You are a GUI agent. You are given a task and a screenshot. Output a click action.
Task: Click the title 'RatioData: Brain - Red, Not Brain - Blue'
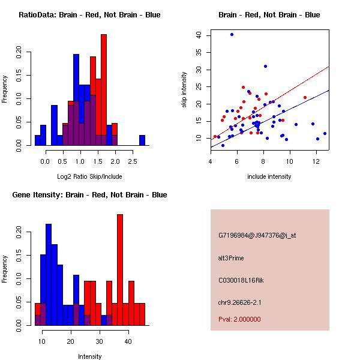pyautogui.click(x=89, y=14)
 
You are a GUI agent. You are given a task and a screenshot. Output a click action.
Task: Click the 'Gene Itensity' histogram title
pyautogui.click(x=89, y=195)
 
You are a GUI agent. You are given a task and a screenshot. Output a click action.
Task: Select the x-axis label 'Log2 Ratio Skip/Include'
pyautogui.click(x=89, y=176)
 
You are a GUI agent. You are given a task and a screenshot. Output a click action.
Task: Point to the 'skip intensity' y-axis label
pyautogui.click(x=184, y=89)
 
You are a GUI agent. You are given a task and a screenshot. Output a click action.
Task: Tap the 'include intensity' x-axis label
pyautogui.click(x=269, y=176)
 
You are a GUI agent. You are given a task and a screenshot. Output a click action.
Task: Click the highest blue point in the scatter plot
pyautogui.click(x=232, y=35)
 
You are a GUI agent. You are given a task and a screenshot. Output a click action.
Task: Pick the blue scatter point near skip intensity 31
pyautogui.click(x=265, y=67)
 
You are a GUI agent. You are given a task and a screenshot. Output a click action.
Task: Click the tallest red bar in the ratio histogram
pyautogui.click(x=104, y=90)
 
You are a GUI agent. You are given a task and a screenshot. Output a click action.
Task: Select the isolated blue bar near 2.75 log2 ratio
pyautogui.click(x=142, y=140)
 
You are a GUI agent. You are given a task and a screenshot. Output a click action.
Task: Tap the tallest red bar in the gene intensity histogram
pyautogui.click(x=120, y=270)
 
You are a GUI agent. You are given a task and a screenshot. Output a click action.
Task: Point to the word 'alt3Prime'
pyautogui.click(x=231, y=258)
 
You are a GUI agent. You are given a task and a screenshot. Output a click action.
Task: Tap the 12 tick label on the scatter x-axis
pyautogui.click(x=316, y=160)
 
